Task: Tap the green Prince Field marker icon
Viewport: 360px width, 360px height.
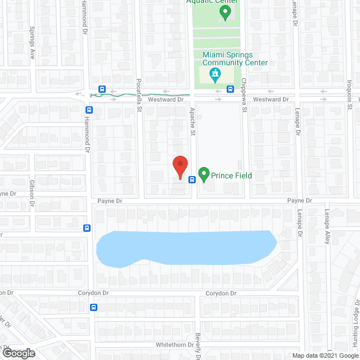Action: click(204, 175)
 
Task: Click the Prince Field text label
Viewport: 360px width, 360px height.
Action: click(231, 175)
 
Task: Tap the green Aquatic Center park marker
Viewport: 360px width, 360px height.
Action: click(224, 12)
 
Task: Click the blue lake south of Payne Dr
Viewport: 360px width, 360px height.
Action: click(186, 247)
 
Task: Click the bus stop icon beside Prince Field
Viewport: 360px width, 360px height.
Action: click(192, 180)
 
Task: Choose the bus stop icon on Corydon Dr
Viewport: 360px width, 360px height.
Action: click(94, 307)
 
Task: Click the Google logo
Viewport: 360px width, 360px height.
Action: click(19, 353)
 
